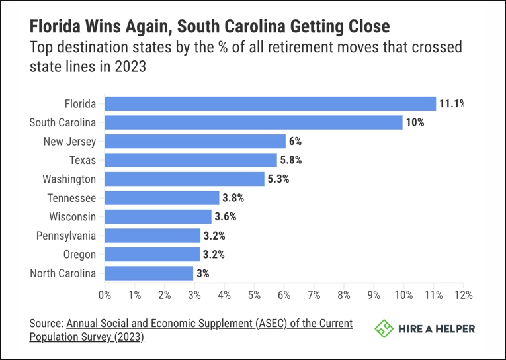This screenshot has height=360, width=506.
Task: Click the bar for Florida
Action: pyautogui.click(x=270, y=103)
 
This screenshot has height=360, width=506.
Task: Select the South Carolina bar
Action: pyautogui.click(x=253, y=122)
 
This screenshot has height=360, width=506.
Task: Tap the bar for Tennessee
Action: pyautogui.click(x=161, y=198)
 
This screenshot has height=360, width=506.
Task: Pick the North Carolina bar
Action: pyautogui.click(x=149, y=273)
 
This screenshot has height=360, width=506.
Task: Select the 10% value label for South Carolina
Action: pyautogui.click(x=415, y=122)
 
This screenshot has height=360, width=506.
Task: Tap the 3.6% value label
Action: pyautogui.click(x=226, y=216)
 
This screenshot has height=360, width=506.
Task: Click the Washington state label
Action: pyautogui.click(x=69, y=179)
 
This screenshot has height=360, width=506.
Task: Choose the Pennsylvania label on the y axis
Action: pyautogui.click(x=65, y=236)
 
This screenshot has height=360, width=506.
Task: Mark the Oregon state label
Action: pyautogui.click(x=79, y=255)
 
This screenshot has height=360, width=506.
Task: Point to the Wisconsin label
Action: pyautogui.click(x=73, y=217)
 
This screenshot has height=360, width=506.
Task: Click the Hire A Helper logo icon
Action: pyautogui.click(x=384, y=328)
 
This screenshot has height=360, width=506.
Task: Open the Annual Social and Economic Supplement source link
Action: pyautogui.click(x=209, y=324)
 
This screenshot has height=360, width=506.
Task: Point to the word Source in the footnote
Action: pyautogui.click(x=46, y=324)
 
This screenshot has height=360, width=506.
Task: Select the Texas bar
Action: pyautogui.click(x=190, y=160)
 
